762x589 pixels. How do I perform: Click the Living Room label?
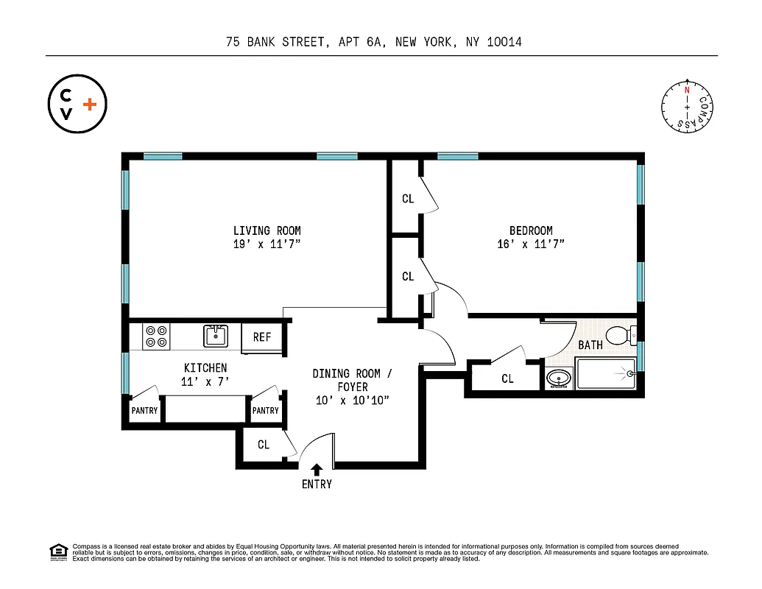click(267, 230)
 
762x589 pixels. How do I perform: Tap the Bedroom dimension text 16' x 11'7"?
click(530, 244)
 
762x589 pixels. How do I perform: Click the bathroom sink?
click(559, 379)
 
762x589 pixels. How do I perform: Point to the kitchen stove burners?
click(156, 336)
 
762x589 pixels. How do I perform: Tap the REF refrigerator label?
click(262, 337)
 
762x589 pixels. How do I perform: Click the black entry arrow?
click(317, 469)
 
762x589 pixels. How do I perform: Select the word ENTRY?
click(317, 484)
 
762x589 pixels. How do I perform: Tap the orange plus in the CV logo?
click(90, 105)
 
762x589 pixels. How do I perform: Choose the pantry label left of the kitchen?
click(144, 411)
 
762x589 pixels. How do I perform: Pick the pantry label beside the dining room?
click(265, 411)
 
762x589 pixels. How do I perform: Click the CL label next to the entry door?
click(264, 445)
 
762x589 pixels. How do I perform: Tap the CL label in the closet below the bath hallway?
click(507, 379)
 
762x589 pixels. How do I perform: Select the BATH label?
click(590, 345)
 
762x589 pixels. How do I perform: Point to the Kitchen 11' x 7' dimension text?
click(205, 381)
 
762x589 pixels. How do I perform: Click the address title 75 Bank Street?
click(374, 42)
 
